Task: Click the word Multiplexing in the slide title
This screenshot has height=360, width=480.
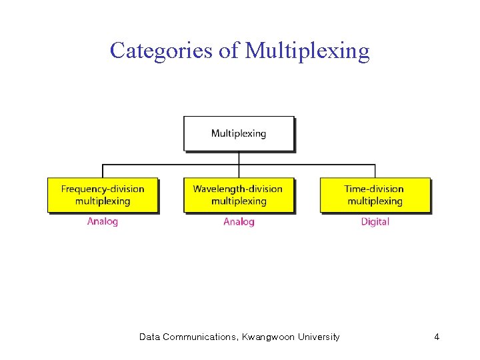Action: pos(307,51)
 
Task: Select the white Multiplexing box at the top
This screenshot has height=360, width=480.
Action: pos(239,133)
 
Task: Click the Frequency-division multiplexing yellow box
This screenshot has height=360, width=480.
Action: pos(103,195)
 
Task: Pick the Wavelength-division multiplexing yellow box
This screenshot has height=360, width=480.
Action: pos(239,195)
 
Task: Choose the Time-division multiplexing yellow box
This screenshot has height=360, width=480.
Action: pos(375,195)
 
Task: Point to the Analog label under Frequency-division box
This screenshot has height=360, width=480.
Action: pos(103,221)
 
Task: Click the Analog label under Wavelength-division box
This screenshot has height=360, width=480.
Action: pos(239,221)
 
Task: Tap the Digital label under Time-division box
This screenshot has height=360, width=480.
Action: pos(375,221)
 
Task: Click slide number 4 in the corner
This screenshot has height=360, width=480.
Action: pos(437,337)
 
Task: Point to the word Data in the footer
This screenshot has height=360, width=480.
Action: pos(149,337)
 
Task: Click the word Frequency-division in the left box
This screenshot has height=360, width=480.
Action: pos(103,189)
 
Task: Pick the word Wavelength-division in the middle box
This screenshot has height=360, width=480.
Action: pos(238,189)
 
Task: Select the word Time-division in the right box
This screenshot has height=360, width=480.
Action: pos(374,189)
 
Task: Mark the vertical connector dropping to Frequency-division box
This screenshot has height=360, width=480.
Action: pos(103,171)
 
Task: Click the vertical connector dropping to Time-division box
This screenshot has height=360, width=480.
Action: pos(375,171)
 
